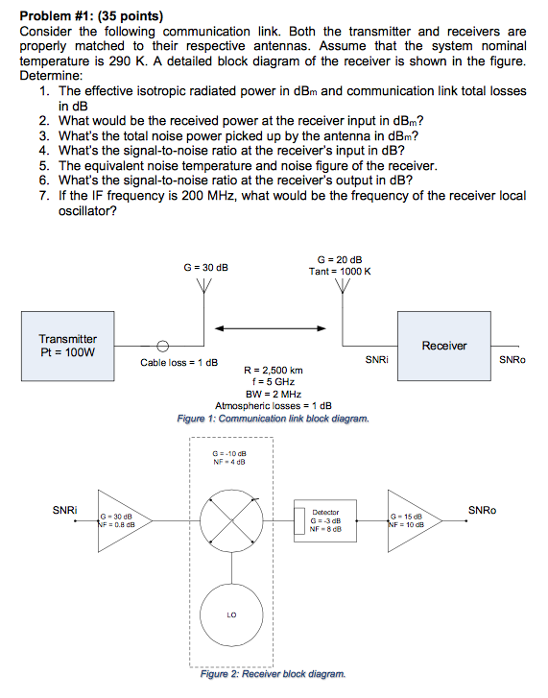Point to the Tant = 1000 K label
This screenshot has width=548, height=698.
pos(340,272)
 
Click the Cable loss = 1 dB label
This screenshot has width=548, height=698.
pos(179,363)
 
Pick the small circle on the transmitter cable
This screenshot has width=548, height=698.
pos(164,347)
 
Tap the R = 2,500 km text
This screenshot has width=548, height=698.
pos(274,370)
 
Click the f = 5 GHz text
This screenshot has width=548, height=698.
pos(274,381)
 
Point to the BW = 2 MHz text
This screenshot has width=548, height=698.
pos(274,394)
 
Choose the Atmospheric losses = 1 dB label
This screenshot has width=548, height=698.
pos(274,406)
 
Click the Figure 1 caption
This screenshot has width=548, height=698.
pos(274,419)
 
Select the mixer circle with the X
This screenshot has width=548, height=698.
pos(231,524)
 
